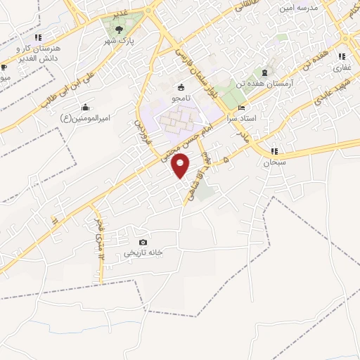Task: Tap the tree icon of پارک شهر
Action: click(119, 30)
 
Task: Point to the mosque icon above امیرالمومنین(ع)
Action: click(85, 107)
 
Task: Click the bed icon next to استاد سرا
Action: click(242, 108)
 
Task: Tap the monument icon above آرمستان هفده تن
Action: click(264, 73)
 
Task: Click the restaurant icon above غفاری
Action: click(341, 56)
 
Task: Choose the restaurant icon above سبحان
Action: click(273, 151)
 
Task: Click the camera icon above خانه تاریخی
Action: click(143, 243)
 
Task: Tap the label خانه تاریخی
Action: click(143, 252)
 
